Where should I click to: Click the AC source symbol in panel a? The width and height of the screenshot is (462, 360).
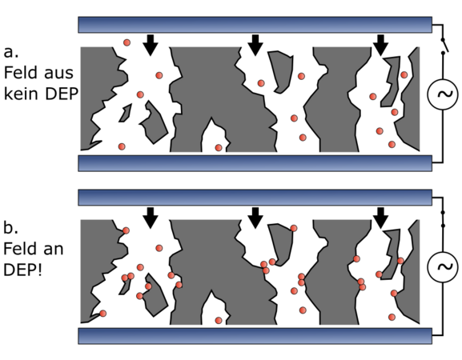(x=443, y=94)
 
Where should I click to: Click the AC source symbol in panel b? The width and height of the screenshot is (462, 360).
(x=443, y=266)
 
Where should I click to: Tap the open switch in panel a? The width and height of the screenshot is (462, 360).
(x=444, y=46)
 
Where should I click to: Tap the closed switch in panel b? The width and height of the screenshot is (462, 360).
(x=443, y=219)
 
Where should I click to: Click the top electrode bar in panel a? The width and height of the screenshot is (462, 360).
(x=255, y=25)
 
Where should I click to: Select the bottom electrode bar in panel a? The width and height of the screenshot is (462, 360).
(x=255, y=163)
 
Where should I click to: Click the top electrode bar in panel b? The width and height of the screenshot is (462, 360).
(x=255, y=198)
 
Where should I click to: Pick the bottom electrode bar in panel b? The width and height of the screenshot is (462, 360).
(x=255, y=336)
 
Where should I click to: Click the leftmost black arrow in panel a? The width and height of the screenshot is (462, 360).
(x=151, y=45)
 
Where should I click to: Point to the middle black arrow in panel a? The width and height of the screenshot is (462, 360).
(x=255, y=45)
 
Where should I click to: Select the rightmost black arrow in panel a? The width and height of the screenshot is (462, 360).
(x=380, y=45)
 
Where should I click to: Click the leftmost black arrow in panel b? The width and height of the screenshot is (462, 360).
(x=151, y=218)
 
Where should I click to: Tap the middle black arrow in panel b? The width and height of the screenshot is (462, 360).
(x=255, y=218)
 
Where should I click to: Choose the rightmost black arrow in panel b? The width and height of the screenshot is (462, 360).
(x=380, y=218)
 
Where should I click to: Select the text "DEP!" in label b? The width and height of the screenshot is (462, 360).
(x=22, y=270)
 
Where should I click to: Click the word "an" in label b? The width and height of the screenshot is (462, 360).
(x=54, y=250)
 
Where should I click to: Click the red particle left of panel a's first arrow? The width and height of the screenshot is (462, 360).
(x=127, y=42)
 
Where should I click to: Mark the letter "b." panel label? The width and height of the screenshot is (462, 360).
(x=11, y=227)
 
